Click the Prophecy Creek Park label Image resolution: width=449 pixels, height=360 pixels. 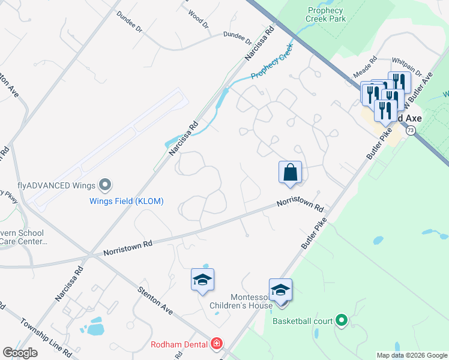(x=325, y=15)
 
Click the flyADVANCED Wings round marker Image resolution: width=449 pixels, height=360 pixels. (x=105, y=184)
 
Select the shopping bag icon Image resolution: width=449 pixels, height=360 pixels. (x=291, y=172)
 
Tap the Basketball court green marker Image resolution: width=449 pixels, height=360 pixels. (x=342, y=321)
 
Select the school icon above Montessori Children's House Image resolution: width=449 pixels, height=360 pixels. (x=280, y=290)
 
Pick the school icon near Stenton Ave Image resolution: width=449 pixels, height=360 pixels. (x=203, y=280)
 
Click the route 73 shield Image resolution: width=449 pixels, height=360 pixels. (x=411, y=130)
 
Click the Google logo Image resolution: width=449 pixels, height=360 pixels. (x=20, y=353)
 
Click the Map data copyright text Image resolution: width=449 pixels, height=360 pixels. (x=411, y=355)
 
